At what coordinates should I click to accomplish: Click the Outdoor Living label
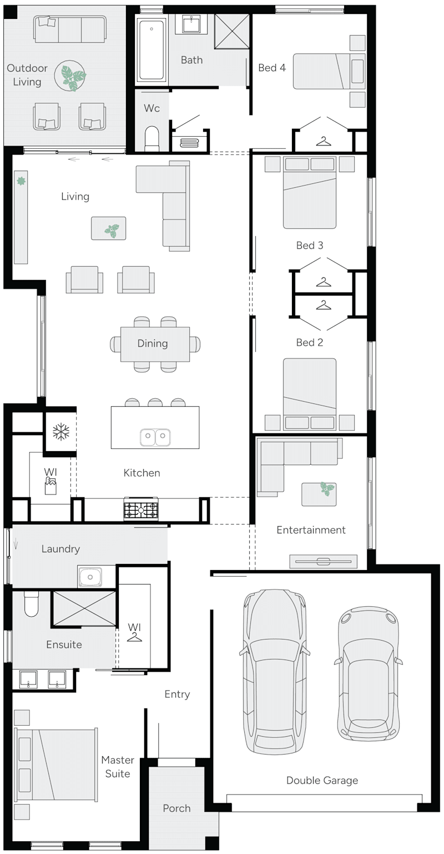click(27, 75)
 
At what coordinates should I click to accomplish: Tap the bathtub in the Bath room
click(151, 50)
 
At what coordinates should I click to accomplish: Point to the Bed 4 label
click(272, 68)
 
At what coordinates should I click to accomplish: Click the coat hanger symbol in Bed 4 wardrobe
click(323, 142)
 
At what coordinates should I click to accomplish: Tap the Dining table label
click(153, 343)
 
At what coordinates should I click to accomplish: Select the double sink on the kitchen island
click(155, 437)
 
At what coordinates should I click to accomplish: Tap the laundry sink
click(90, 577)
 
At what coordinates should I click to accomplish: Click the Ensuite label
click(64, 645)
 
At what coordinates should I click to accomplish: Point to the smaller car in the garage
click(367, 673)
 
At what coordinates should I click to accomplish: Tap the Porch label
click(176, 808)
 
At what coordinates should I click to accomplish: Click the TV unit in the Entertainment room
click(324, 562)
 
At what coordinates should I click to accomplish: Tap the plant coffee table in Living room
click(109, 228)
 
